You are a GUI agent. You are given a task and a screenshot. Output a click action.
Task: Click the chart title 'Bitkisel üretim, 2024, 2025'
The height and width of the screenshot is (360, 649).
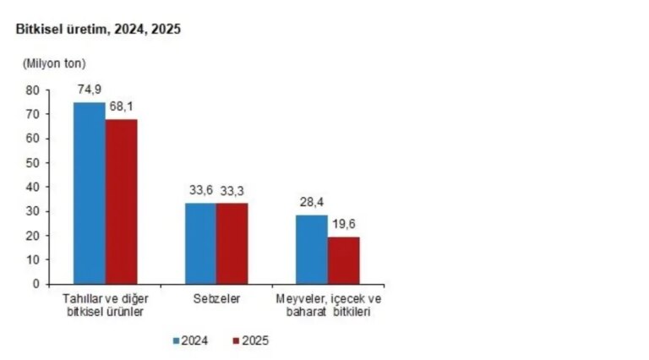click(x=98, y=29)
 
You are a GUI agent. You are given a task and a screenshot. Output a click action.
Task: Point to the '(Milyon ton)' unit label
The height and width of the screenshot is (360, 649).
click(x=54, y=63)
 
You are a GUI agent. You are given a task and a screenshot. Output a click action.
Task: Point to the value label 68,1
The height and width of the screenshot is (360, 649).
click(x=123, y=107)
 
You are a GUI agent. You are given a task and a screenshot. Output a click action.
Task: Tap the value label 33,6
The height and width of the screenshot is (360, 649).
click(x=200, y=191)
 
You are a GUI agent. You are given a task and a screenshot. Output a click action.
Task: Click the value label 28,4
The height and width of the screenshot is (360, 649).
click(x=312, y=204)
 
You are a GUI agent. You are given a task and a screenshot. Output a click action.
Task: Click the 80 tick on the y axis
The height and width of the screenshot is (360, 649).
click(x=33, y=90)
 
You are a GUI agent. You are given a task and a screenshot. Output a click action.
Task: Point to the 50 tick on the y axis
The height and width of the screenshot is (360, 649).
click(x=33, y=162)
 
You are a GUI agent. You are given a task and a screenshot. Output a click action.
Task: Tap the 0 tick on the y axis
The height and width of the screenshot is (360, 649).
click(x=36, y=284)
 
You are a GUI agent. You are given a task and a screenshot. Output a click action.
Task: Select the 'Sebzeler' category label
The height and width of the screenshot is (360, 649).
click(x=216, y=299)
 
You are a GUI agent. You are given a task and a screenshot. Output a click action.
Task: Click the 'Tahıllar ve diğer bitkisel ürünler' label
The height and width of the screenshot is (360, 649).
click(x=104, y=305)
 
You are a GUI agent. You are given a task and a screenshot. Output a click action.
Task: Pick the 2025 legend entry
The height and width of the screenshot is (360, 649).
click(x=248, y=341)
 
